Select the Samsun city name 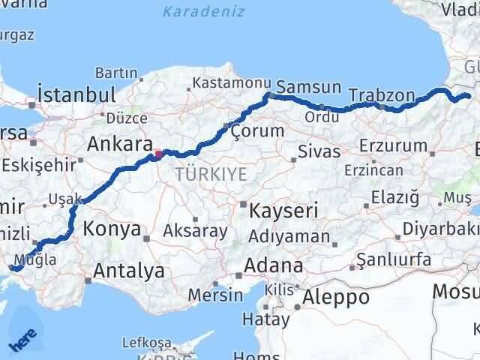pyautogui.click(x=309, y=87)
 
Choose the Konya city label pyautogui.click(x=112, y=229)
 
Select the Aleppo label pyautogui.click(x=336, y=296)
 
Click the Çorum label pyautogui.click(x=258, y=130)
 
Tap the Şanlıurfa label pyautogui.click(x=394, y=259)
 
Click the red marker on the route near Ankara pyautogui.click(x=158, y=154)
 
